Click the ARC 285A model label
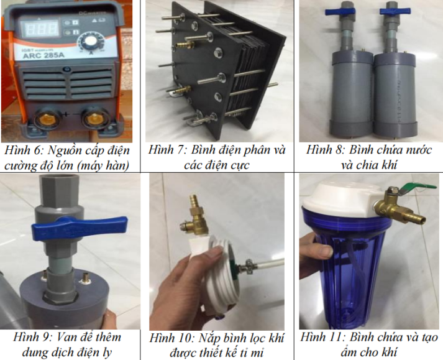[43, 55]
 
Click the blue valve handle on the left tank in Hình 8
[340, 12]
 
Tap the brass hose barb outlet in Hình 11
[414, 218]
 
